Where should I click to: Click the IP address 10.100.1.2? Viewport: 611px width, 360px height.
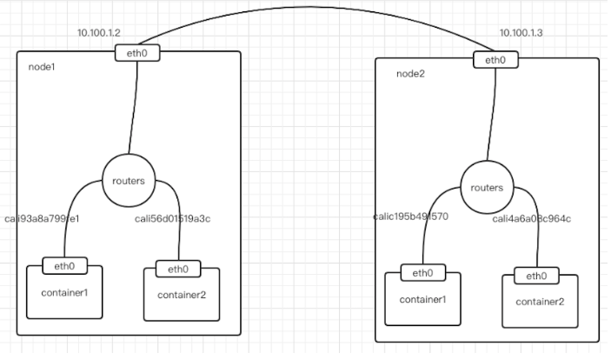coord(97,33)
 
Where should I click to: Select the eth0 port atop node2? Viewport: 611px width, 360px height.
coord(495,60)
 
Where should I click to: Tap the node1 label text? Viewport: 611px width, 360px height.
coord(43,66)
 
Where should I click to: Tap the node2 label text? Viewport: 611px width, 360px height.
coord(411,73)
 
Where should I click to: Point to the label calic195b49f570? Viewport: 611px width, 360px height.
coord(410,217)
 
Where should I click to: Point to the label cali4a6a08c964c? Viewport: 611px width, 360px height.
coord(532,218)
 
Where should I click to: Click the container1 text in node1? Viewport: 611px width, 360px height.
coord(64,290)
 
